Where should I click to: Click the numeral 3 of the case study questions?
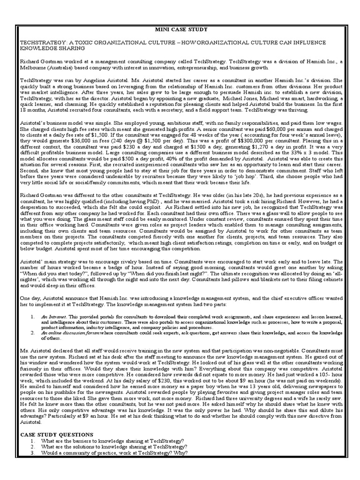32,453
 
